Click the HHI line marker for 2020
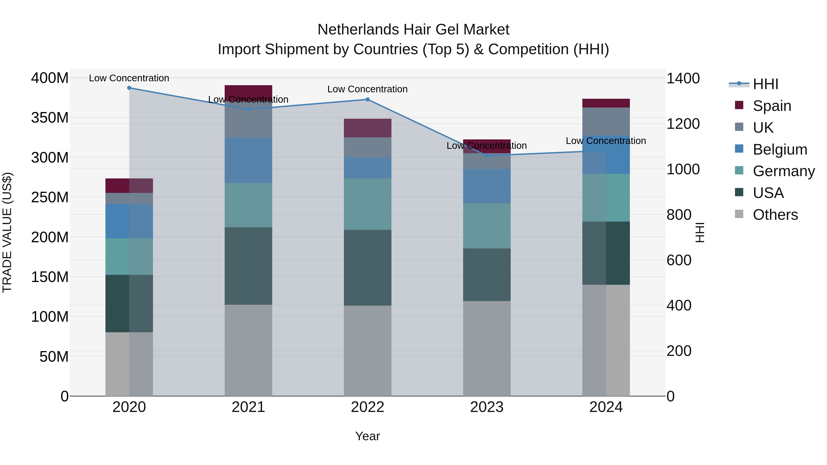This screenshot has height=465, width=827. [x=129, y=88]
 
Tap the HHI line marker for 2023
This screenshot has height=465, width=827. [x=487, y=156]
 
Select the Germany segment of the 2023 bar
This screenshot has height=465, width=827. [x=487, y=226]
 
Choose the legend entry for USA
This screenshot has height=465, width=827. [x=768, y=193]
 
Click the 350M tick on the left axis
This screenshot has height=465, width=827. [x=50, y=118]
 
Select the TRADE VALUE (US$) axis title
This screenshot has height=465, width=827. [x=7, y=232]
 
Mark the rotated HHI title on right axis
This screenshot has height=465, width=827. [x=700, y=232]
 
